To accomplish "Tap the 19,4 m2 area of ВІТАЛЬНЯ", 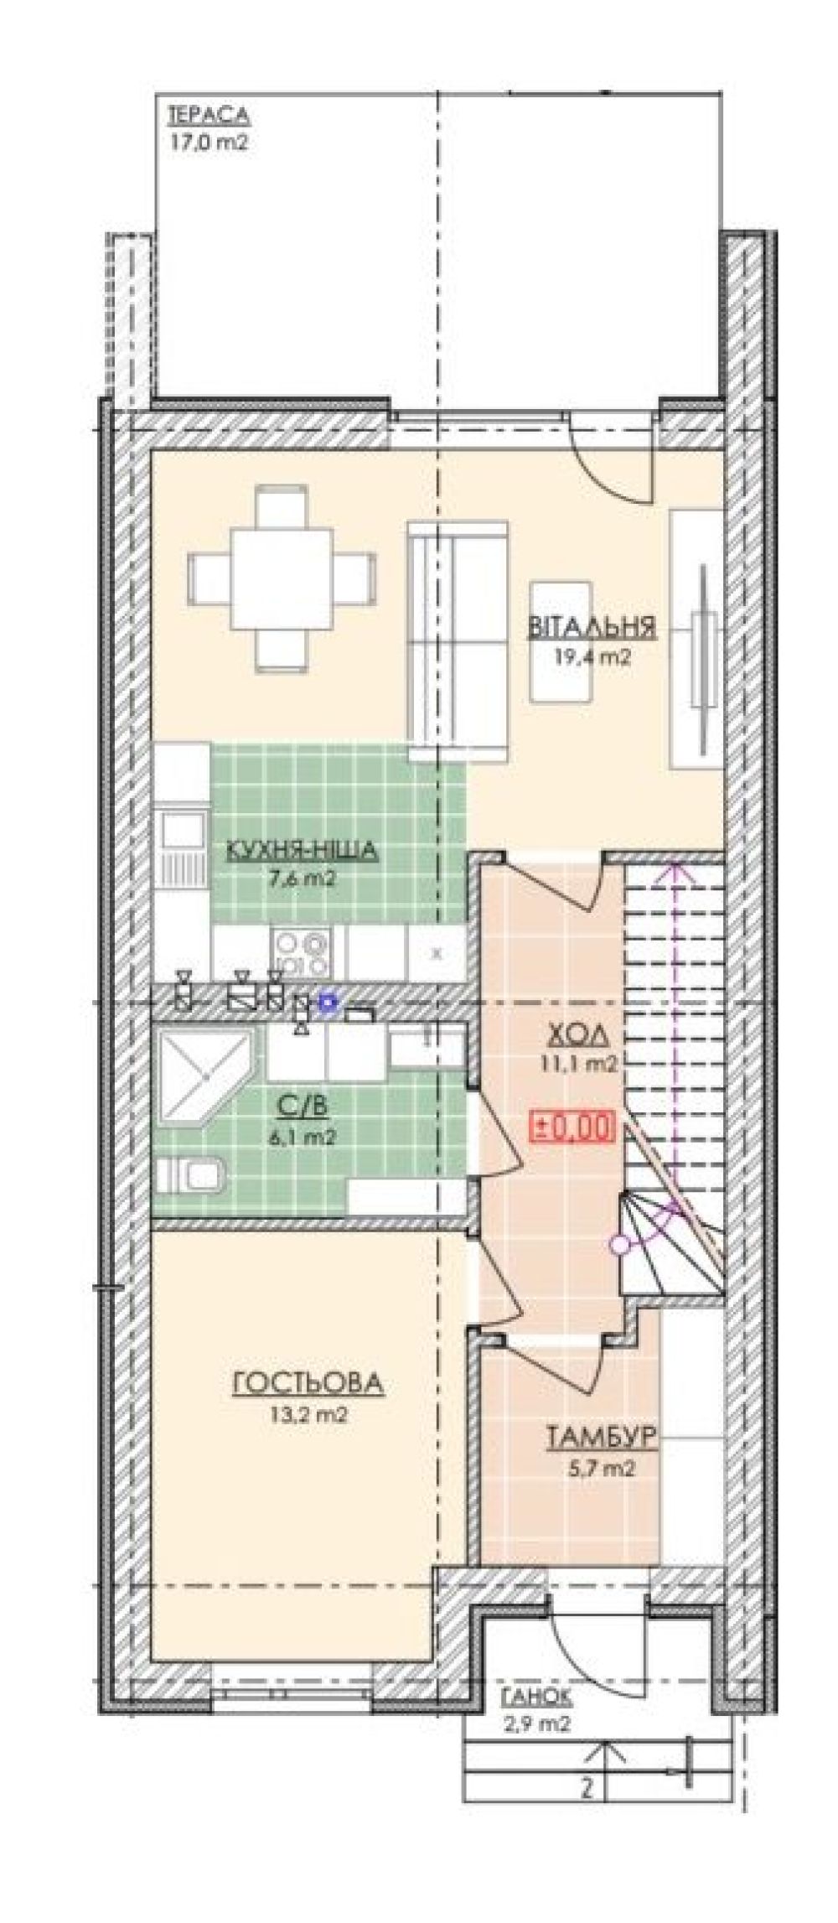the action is click(x=591, y=658).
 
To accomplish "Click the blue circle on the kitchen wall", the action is click(x=329, y=1000).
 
